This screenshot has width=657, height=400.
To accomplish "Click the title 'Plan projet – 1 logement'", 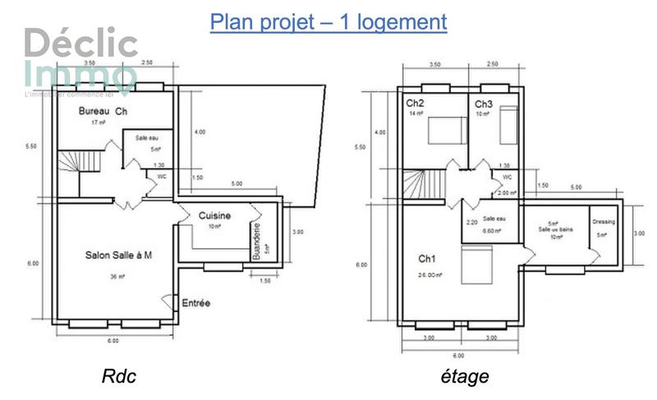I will click(x=328, y=21).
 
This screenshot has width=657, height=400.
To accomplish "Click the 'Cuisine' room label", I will click(x=214, y=215).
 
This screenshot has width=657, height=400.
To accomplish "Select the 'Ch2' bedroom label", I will click(x=415, y=103).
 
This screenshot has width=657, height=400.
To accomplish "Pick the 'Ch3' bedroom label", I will click(x=483, y=104).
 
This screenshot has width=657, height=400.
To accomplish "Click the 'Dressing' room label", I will click(x=604, y=222).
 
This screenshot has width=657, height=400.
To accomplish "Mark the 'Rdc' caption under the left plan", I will click(x=118, y=377).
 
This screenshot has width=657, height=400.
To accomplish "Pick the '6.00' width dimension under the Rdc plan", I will click(x=112, y=339).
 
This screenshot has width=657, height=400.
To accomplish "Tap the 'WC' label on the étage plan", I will click(x=507, y=177).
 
